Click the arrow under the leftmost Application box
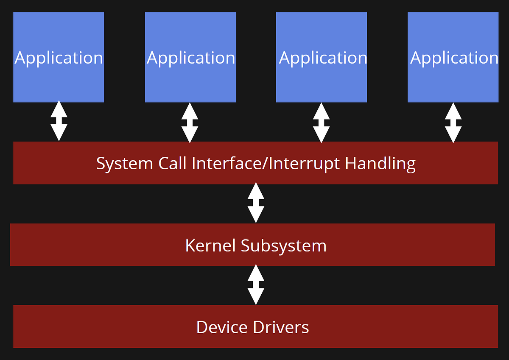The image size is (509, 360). tap(59, 121)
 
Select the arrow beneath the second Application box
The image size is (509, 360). tap(190, 122)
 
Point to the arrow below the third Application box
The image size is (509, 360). tap(321, 122)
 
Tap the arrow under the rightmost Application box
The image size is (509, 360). tap(453, 122)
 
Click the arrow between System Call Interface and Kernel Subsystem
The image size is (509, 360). tap(256, 203)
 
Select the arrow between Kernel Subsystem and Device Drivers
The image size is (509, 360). tap(256, 285)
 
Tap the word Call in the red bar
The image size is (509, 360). tap(172, 163)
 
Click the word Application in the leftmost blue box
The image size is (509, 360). tap(59, 58)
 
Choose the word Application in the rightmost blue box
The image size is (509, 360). tap(454, 58)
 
